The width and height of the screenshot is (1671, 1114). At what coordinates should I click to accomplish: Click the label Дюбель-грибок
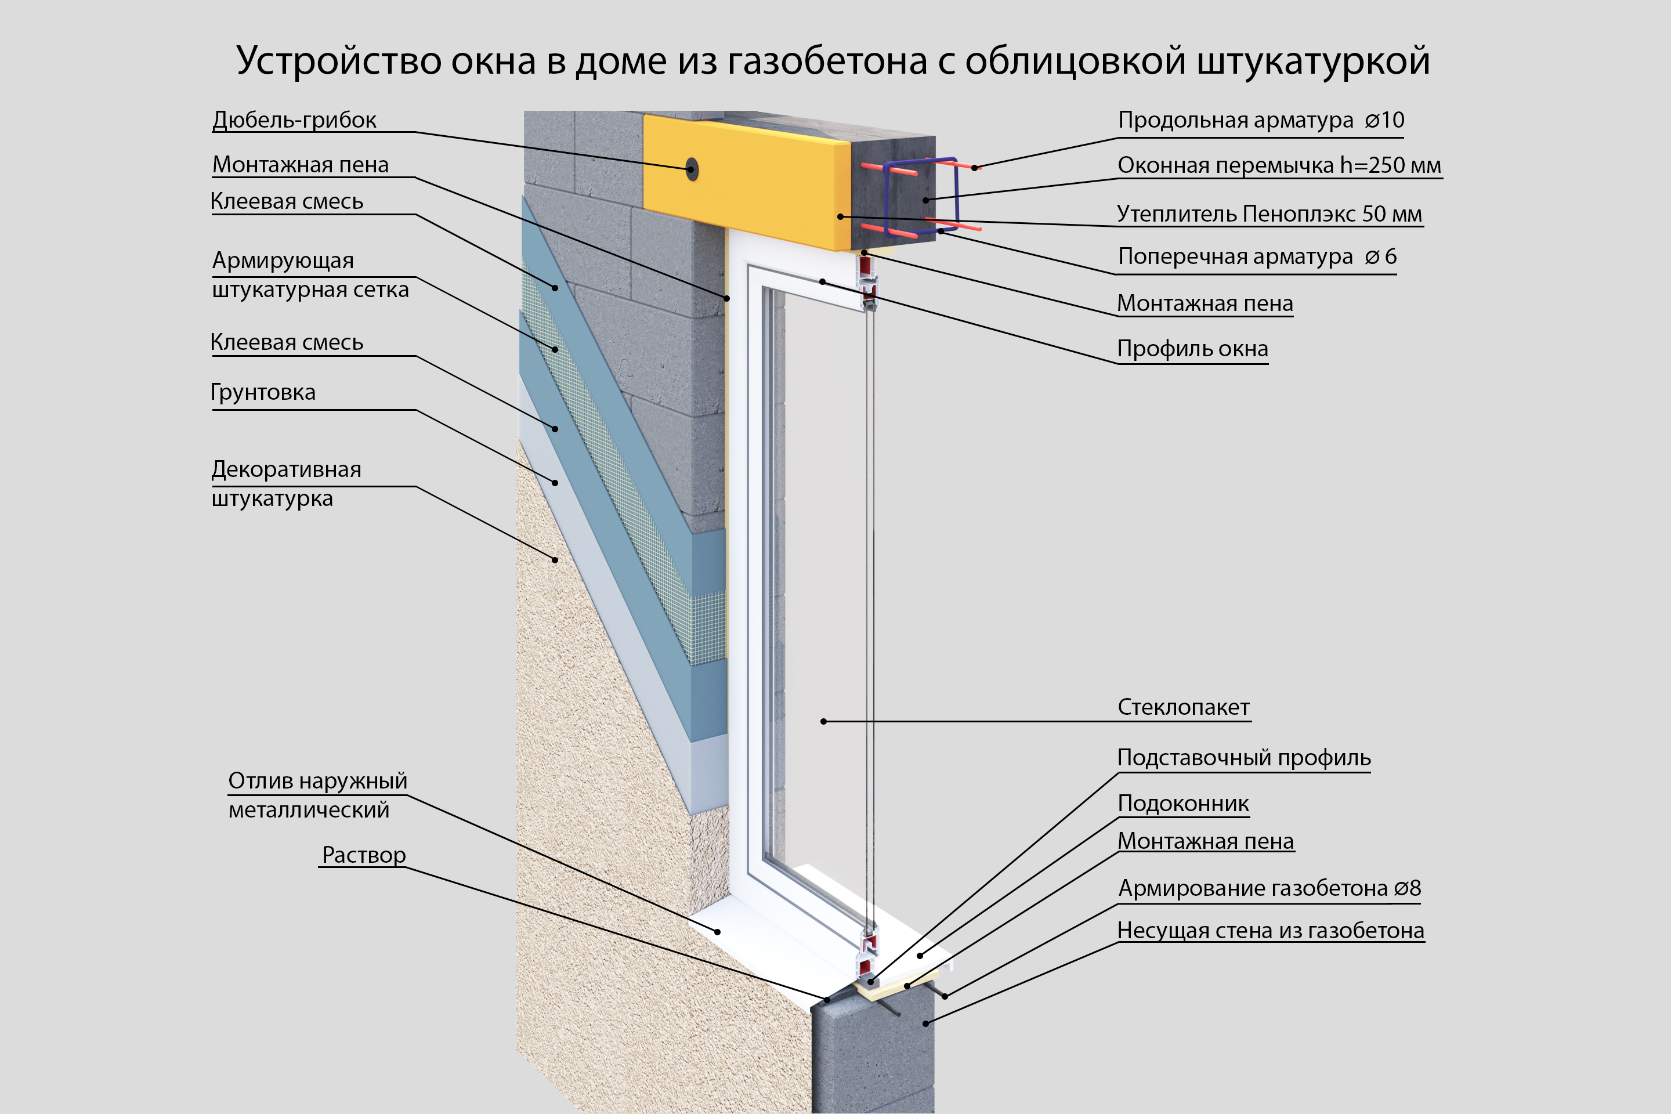[294, 120]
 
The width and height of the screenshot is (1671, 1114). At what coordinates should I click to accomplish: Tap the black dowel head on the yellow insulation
[690, 169]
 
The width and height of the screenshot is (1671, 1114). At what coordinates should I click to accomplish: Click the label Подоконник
[1183, 804]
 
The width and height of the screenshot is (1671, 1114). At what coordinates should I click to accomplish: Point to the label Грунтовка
[263, 392]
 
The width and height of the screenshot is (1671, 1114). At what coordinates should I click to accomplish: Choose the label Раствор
[364, 855]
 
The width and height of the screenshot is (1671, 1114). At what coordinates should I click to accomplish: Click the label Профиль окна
[1192, 349]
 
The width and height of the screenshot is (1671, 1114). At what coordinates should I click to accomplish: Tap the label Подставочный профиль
[1243, 758]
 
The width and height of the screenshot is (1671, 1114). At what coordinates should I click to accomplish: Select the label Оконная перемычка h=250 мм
[1279, 165]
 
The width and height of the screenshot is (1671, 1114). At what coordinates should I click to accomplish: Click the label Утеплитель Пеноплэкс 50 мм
[1269, 214]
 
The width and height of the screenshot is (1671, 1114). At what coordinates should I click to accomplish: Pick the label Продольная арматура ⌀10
[1260, 120]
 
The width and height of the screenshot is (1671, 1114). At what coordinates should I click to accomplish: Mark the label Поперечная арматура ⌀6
[1257, 256]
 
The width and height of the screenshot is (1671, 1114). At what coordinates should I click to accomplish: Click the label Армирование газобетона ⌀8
[1269, 888]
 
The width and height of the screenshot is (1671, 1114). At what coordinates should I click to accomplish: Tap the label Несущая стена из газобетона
[1270, 931]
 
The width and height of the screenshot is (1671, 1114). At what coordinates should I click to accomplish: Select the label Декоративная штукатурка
[286, 484]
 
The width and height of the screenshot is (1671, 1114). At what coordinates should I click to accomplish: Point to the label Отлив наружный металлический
[317, 795]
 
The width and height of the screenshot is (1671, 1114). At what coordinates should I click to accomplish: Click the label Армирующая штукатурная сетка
[310, 275]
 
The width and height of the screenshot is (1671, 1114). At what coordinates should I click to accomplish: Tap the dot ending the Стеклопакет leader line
[823, 722]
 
